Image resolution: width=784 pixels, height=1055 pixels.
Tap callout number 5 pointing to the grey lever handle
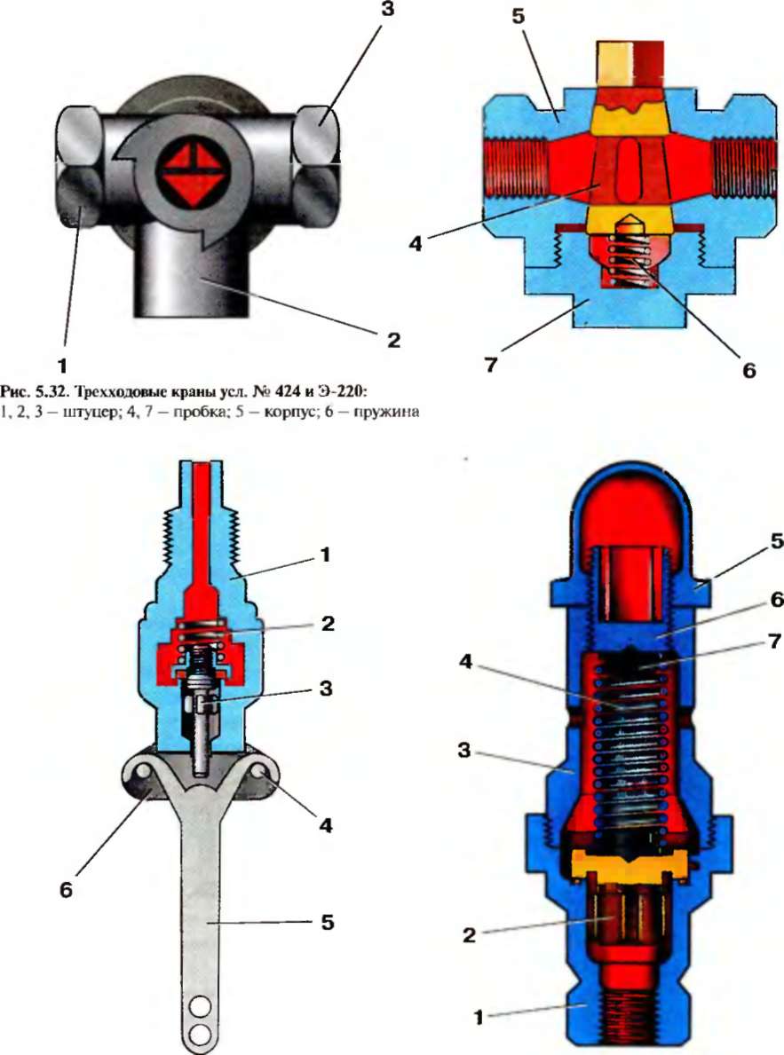[x=327, y=922]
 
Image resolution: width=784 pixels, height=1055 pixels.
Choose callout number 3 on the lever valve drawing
[x=325, y=661]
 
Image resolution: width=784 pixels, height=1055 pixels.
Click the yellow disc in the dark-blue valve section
[x=630, y=863]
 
